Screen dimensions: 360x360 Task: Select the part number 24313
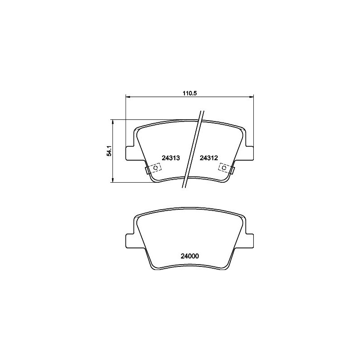click(x=171, y=158)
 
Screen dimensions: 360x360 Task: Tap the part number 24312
click(x=208, y=158)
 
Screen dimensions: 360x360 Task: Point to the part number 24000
click(x=189, y=256)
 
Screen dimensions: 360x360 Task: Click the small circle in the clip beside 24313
click(x=156, y=167)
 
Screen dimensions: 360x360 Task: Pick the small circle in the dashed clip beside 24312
click(x=223, y=167)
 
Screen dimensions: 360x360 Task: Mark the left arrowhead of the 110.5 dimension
click(x=127, y=96)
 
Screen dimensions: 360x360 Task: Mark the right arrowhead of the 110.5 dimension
click(x=252, y=96)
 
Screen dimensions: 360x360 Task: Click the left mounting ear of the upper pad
click(x=130, y=153)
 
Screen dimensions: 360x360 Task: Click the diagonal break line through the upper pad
click(x=194, y=148)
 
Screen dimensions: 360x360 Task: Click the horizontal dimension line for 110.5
click(x=157, y=96)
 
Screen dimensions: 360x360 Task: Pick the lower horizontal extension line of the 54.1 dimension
click(x=130, y=182)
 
